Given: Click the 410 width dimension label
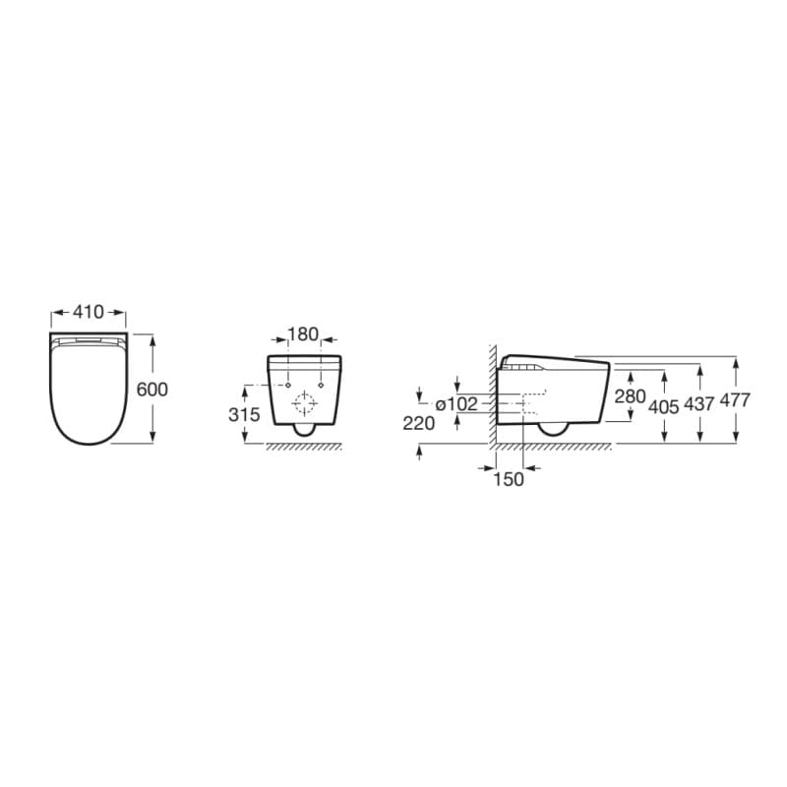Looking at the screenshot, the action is click(x=89, y=312).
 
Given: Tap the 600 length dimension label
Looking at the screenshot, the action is click(x=152, y=390).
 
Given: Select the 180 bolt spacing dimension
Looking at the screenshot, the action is click(x=303, y=334).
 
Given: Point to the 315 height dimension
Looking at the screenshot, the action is click(x=244, y=415).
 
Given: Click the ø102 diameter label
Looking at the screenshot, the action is click(x=456, y=404).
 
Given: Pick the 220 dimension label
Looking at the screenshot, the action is click(x=419, y=424).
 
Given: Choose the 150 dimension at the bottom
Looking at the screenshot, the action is click(x=509, y=479).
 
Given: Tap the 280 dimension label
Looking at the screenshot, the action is click(x=630, y=396).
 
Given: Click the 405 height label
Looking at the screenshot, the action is click(x=664, y=406).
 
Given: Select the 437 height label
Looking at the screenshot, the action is click(x=699, y=404).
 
